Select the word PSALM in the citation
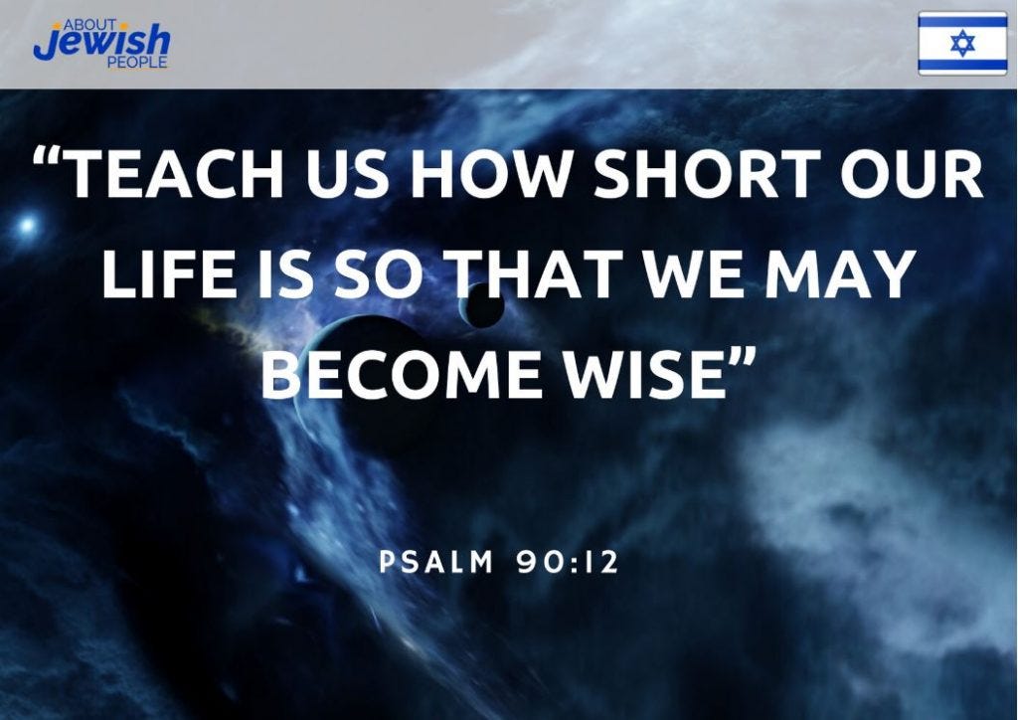(x=436, y=563)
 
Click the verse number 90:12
(x=568, y=563)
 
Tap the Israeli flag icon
(x=962, y=43)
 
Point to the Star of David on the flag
(x=962, y=43)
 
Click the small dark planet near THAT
(x=484, y=305)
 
